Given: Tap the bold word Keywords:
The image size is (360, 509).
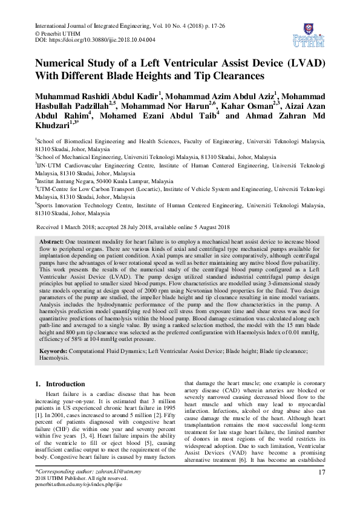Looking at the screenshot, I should point(54,351).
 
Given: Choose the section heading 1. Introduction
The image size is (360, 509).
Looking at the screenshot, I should point(60,384).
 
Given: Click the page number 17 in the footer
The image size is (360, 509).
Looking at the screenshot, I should point(321,488).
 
